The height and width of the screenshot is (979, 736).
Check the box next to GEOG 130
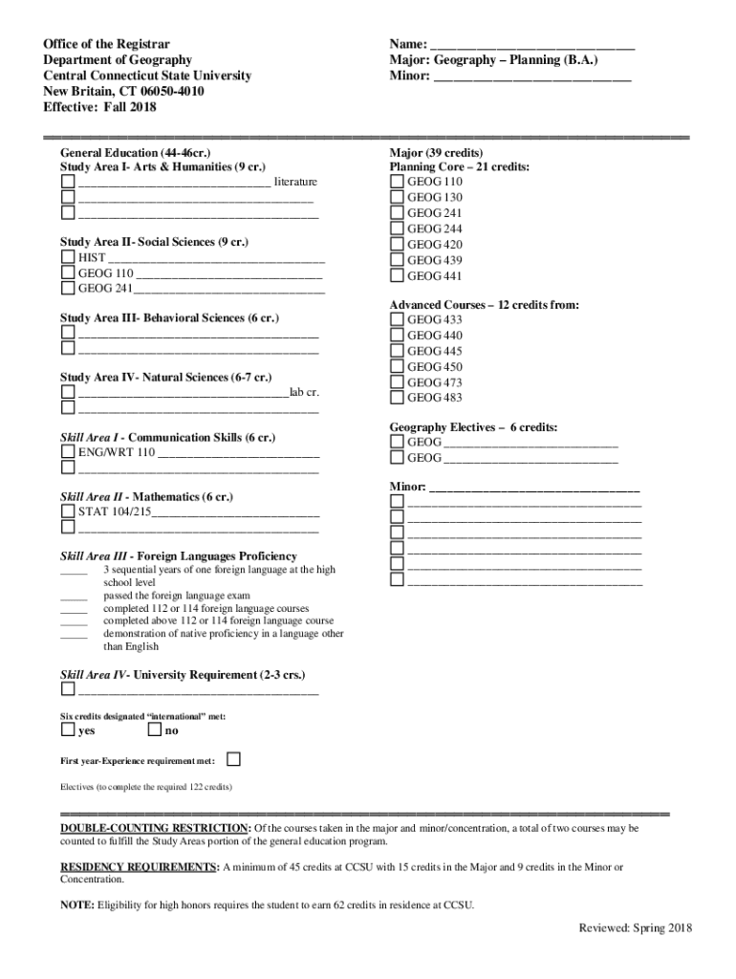click(x=397, y=198)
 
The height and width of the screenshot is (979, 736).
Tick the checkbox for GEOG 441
click(x=397, y=276)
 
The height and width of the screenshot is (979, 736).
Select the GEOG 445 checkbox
click(x=397, y=352)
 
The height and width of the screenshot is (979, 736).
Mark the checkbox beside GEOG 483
click(x=397, y=398)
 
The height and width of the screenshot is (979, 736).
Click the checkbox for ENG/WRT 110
click(x=68, y=452)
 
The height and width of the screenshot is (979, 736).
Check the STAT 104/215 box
click(x=68, y=511)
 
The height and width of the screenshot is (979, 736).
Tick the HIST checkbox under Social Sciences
click(x=68, y=257)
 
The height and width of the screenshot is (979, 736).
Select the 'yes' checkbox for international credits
click(x=68, y=730)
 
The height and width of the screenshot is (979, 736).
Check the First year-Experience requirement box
click(x=233, y=759)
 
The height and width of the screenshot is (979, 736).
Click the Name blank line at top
click(x=531, y=44)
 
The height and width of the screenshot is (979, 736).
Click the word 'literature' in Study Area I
click(x=296, y=182)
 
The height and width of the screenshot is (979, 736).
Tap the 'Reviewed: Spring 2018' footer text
click(x=635, y=928)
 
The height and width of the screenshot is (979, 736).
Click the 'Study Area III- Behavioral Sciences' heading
click(x=169, y=317)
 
